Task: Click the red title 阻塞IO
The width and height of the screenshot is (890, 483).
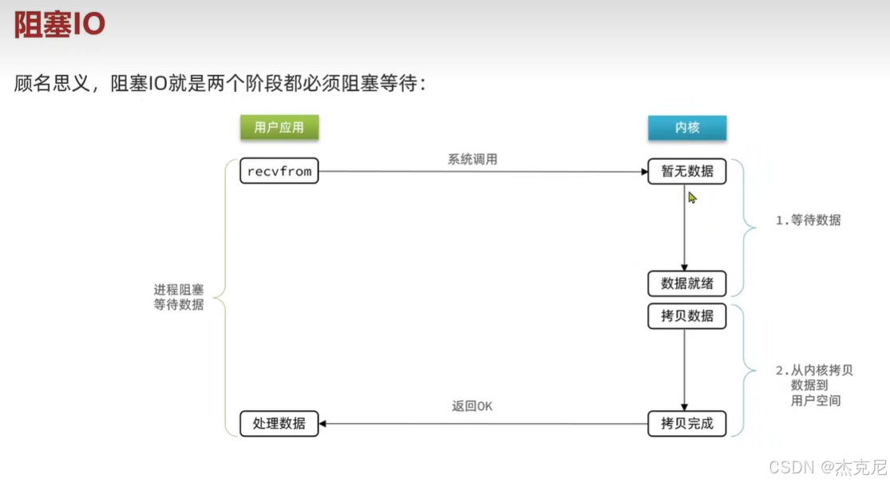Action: click(x=60, y=24)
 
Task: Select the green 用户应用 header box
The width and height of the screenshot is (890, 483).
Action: click(x=279, y=128)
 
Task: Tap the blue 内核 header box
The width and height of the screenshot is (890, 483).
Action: click(x=686, y=128)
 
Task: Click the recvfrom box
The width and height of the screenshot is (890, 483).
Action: click(x=279, y=172)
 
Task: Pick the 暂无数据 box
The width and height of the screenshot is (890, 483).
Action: click(x=687, y=172)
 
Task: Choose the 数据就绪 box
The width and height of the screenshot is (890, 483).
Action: click(x=687, y=283)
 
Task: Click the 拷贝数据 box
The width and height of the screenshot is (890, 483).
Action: click(x=687, y=316)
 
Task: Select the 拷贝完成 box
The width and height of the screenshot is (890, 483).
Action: click(x=687, y=423)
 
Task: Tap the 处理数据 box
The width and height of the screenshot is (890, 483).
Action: click(x=279, y=423)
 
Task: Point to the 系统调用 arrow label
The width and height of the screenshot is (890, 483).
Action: click(x=473, y=159)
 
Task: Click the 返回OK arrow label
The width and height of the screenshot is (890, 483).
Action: click(x=473, y=406)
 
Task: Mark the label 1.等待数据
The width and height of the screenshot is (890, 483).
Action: click(x=808, y=220)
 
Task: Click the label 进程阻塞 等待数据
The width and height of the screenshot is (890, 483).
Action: click(x=179, y=297)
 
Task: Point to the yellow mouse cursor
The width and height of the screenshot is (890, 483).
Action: click(x=693, y=196)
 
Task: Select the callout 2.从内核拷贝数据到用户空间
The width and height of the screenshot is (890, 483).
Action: click(x=814, y=386)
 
